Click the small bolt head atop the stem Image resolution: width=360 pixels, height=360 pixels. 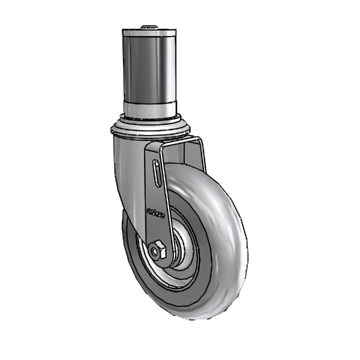coord(149,26)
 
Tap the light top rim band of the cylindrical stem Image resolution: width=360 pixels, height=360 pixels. coord(149,32)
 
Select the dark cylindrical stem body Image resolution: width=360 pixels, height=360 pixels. coord(149,69)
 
